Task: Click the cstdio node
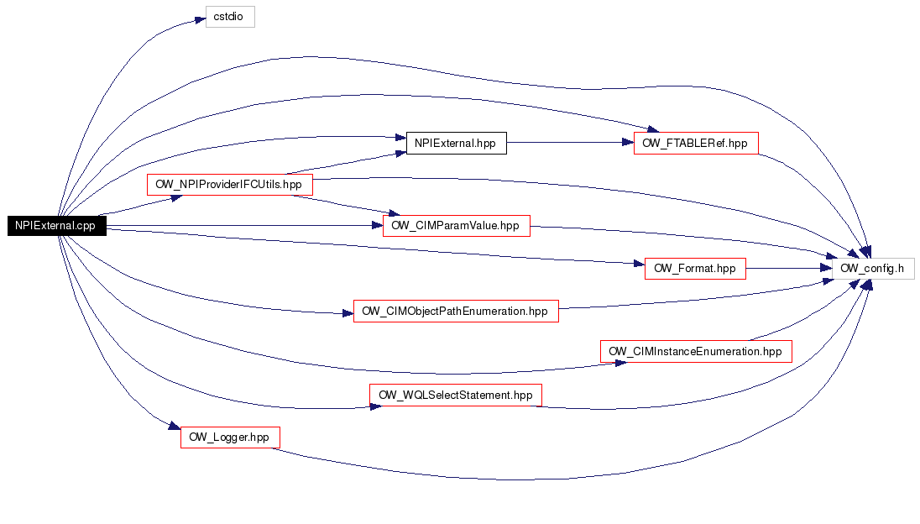(x=230, y=17)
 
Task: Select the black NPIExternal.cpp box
(x=57, y=226)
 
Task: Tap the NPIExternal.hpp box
(x=457, y=143)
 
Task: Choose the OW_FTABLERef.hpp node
(x=696, y=143)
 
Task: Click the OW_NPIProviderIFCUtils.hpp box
(x=229, y=185)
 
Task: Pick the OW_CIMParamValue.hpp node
(x=457, y=226)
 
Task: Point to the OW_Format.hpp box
(x=695, y=269)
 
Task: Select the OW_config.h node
(x=873, y=269)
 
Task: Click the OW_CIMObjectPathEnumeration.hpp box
(x=456, y=311)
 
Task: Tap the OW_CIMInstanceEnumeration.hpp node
(x=696, y=352)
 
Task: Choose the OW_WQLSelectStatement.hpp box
(x=456, y=395)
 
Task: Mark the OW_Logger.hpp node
(x=230, y=438)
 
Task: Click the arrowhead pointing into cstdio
(x=200, y=20)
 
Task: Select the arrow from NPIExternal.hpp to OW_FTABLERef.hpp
(x=570, y=143)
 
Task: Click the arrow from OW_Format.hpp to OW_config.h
(x=789, y=268)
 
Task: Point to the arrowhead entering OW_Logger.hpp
(x=175, y=426)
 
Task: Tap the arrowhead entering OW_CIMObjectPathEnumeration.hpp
(x=348, y=313)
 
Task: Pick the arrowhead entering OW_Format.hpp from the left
(x=639, y=264)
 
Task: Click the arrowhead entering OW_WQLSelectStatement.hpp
(x=375, y=406)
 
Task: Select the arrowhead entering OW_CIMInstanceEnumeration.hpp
(x=620, y=363)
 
